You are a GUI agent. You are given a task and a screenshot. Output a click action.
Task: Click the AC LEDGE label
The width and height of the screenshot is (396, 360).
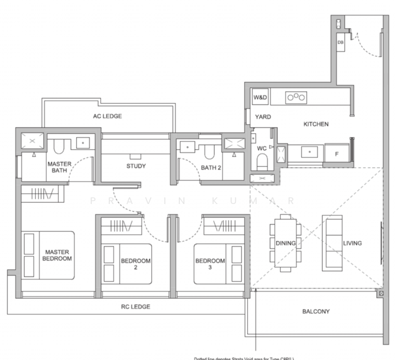(x=107, y=116)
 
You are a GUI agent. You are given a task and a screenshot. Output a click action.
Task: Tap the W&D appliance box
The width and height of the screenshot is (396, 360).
(x=260, y=97)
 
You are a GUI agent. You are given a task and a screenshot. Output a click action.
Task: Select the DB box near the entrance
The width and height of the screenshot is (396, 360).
(x=340, y=43)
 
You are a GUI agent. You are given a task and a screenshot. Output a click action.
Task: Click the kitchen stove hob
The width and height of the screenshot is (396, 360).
(x=296, y=97)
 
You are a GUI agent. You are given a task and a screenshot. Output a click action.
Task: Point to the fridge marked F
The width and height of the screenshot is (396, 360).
(x=336, y=154)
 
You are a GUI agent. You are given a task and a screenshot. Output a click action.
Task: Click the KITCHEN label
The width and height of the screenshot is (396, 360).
(x=316, y=124)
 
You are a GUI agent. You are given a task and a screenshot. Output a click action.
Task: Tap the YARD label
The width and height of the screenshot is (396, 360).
(x=263, y=117)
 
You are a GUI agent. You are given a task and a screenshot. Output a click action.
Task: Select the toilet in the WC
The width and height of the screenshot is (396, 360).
(x=262, y=160)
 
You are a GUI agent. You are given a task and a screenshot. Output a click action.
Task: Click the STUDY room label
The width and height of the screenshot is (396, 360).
(x=136, y=166)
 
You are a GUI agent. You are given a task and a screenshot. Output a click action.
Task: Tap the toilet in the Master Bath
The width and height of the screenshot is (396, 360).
(x=59, y=145)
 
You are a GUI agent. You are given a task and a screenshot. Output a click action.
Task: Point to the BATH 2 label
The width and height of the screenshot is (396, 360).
(x=211, y=167)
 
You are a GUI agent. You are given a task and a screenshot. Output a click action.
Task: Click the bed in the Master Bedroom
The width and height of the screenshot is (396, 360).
(x=48, y=255)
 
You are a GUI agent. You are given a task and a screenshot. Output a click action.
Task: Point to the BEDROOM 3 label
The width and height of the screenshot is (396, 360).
(x=209, y=264)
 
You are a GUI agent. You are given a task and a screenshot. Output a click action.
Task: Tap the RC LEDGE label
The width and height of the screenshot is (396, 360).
(x=136, y=307)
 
